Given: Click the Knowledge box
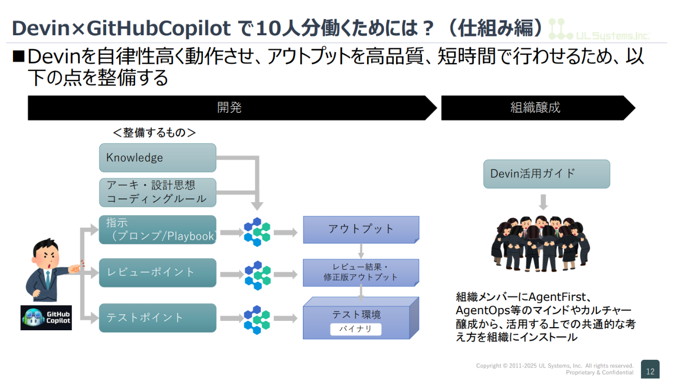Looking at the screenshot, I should [157, 158].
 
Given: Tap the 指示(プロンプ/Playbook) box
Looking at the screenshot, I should [157, 230].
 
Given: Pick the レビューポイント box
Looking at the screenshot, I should [157, 272].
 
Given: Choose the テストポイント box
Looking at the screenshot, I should [157, 317].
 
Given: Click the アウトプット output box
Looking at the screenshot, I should [361, 229].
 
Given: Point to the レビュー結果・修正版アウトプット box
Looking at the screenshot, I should [361, 272].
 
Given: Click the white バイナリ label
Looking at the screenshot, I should [356, 329].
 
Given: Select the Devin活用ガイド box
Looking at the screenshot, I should [546, 174].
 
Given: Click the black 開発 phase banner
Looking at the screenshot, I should [230, 108].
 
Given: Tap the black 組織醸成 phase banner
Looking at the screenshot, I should [536, 108].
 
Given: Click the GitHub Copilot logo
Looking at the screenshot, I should [46, 318].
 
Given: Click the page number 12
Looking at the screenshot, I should [650, 370].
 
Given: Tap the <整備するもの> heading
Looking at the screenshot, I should [154, 133].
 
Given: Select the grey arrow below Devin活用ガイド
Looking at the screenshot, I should [543, 201].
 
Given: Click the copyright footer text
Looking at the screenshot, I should [554, 369].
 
